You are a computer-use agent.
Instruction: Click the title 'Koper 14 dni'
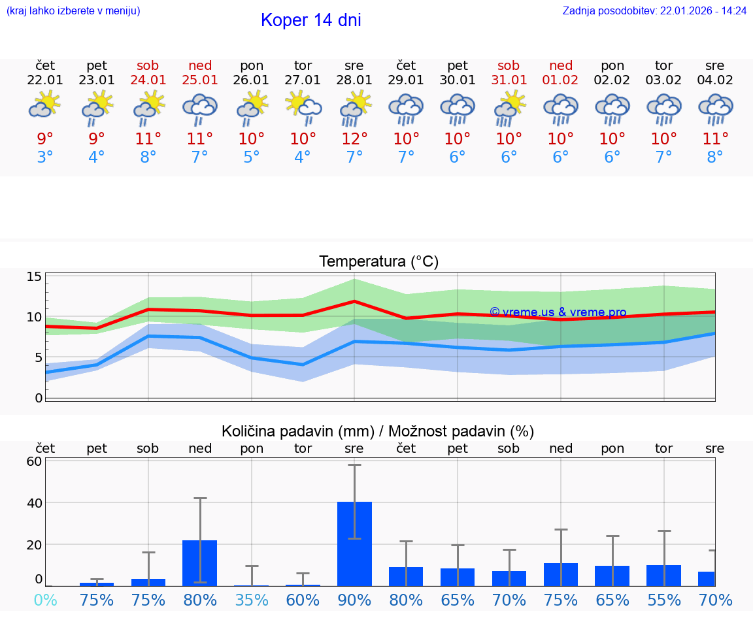(310, 20)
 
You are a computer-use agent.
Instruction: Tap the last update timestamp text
(654, 10)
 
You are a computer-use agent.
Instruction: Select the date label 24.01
(148, 80)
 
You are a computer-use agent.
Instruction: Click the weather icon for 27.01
(303, 108)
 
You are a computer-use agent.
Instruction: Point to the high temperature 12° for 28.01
(354, 139)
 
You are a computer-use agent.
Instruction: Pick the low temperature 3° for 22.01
(45, 157)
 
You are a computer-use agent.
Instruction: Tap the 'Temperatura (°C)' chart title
(378, 262)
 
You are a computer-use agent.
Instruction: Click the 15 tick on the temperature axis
(34, 276)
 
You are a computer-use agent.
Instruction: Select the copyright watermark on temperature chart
(558, 312)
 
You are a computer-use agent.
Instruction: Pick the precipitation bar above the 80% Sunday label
(200, 563)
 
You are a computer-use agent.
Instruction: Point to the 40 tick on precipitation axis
(34, 503)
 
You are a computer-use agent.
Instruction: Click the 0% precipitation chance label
(45, 600)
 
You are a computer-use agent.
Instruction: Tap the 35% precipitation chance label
(252, 600)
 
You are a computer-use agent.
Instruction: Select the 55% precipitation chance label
(664, 600)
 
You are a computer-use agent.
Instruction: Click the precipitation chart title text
(378, 431)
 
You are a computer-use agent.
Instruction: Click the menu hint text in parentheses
(73, 10)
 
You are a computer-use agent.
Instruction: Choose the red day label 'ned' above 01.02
(561, 65)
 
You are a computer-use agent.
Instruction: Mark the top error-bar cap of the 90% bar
(354, 465)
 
